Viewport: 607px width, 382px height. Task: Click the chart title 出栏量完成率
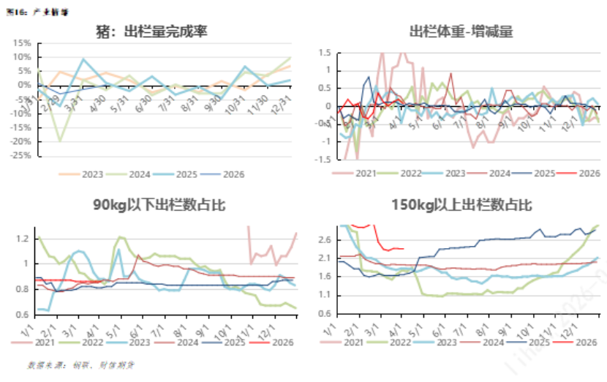click(x=151, y=31)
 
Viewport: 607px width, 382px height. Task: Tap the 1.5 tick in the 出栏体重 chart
click(x=324, y=53)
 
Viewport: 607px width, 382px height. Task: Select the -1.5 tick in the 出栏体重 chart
click(x=322, y=159)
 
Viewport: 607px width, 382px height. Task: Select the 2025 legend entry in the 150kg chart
click(x=535, y=342)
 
